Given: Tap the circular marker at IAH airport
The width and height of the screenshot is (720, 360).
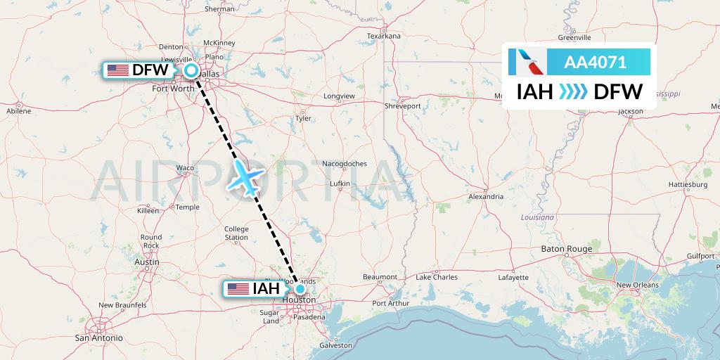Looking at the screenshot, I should point(300,288).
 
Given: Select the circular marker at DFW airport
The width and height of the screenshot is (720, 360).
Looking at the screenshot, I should point(191,70).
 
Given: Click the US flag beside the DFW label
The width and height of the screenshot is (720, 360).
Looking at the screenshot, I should point(117,70).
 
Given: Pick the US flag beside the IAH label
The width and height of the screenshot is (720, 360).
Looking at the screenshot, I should point(238,289).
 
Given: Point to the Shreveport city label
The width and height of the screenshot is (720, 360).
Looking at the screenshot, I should point(402,105).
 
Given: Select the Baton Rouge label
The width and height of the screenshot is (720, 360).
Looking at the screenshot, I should point(566,249).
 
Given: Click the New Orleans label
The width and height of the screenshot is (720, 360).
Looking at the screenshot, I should point(637,285).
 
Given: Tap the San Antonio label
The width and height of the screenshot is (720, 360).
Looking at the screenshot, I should point(99,337).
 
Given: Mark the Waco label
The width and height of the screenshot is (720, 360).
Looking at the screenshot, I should point(184,168).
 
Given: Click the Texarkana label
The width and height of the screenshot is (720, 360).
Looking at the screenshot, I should point(383,36).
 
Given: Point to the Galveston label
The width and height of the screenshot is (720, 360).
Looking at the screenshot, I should point(335,345).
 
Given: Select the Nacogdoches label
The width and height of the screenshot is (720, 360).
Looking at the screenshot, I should point(345,164).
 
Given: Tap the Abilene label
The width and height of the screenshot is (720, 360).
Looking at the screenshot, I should point(18,111).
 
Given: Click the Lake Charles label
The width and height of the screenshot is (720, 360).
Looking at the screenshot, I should point(436,277).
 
